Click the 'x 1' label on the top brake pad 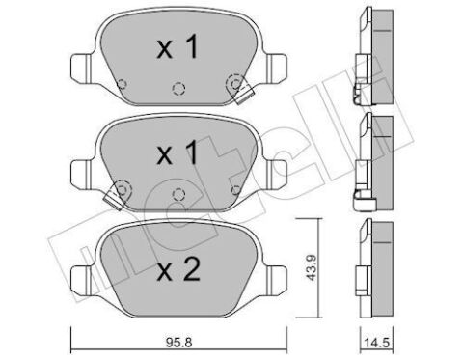pyautogui.click(x=178, y=48)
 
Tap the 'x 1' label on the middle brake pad pyautogui.click(x=178, y=152)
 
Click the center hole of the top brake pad pyautogui.click(x=177, y=89)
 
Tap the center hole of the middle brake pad pyautogui.click(x=177, y=193)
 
